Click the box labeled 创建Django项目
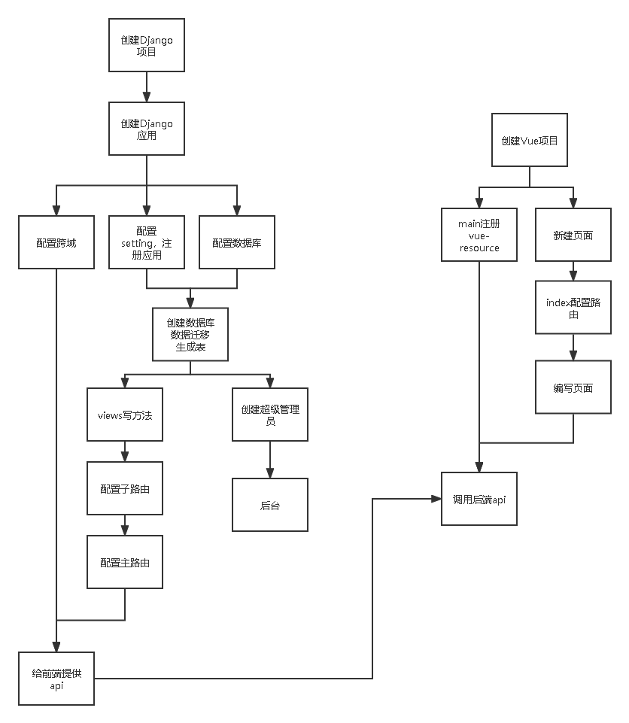[x=147, y=45]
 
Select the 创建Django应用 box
[x=147, y=129]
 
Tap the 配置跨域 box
[x=56, y=242]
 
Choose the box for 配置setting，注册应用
[x=147, y=242]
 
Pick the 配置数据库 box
[x=237, y=242]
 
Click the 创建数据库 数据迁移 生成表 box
[x=190, y=335]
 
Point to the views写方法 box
[x=125, y=415]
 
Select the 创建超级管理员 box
[x=270, y=415]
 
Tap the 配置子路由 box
[x=125, y=488]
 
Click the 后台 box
[x=270, y=505]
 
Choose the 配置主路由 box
[x=125, y=562]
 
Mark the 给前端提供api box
[x=56, y=679]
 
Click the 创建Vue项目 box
[x=530, y=140]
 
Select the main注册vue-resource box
[x=479, y=235]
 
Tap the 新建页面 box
[x=573, y=235]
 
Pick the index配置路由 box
[x=573, y=308]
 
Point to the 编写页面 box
[x=573, y=387]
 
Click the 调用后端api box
[x=479, y=499]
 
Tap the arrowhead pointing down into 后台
[x=270, y=474]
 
